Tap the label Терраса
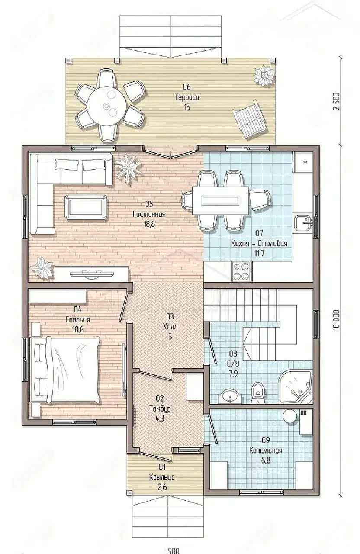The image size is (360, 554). point(187,97)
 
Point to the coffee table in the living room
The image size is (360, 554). point(86,207)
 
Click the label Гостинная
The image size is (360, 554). point(149,214)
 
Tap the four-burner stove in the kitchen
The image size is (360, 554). point(242,271)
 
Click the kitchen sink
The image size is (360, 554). point(304,222)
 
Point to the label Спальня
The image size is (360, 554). point(78,319)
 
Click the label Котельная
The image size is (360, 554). point(265,450)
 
